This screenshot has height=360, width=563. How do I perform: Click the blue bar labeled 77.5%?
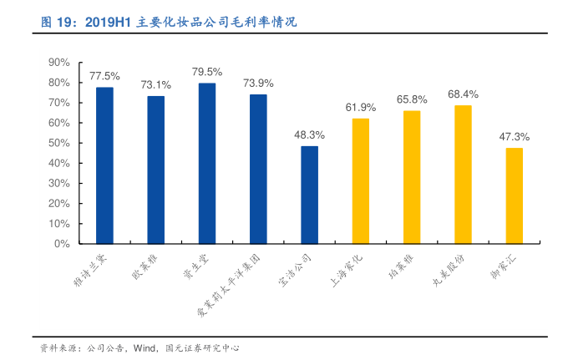pos(104,165)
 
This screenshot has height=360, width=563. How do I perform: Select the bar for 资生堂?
pos(207,164)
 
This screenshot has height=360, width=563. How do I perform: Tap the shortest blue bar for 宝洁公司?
pos(309,195)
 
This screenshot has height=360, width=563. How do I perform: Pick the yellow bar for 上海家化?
pos(360,181)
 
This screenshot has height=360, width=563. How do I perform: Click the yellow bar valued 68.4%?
pos(463,175)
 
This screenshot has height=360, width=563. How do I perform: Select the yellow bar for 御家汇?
pos(514,195)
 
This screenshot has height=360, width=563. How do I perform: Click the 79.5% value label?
pos(207,72)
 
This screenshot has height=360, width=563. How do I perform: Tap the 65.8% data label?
pos(412,99)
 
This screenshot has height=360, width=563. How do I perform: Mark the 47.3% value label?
pos(515,136)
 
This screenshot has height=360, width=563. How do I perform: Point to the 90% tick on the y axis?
pos(58,63)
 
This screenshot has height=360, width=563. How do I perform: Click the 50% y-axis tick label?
pos(58,144)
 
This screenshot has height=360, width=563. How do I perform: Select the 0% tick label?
pos(62,245)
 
